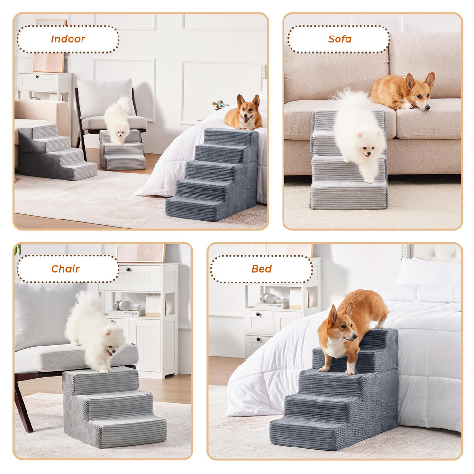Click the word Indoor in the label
pyautogui.click(x=68, y=39)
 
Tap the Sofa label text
pyautogui.click(x=340, y=39)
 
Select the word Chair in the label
pyautogui.click(x=65, y=269)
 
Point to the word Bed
pyautogui.click(x=262, y=269)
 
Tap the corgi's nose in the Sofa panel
pyautogui.click(x=427, y=108)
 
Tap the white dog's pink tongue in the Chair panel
pyautogui.click(x=110, y=354)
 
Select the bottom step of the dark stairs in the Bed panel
pyautogui.click(x=305, y=431)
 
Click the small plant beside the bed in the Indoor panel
pyautogui.click(x=220, y=105)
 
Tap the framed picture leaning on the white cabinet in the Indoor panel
pyautogui.click(x=48, y=62)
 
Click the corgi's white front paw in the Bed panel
pyautogui.click(x=350, y=370)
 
